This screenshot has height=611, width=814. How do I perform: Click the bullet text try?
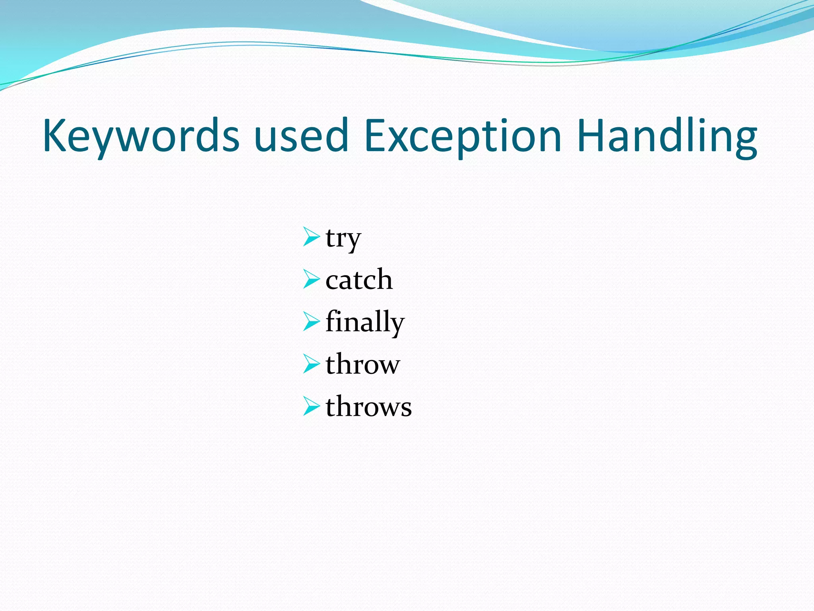tap(343, 239)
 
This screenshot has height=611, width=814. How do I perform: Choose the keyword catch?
tap(359, 280)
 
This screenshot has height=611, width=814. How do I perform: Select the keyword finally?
tap(364, 322)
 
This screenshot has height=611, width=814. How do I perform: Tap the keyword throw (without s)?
tap(362, 364)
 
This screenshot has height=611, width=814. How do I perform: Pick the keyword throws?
tap(368, 407)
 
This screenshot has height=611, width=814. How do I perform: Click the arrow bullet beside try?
tap(311, 237)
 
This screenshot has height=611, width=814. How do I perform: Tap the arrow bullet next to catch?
tap(311, 279)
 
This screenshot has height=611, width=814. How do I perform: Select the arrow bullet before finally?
tap(311, 321)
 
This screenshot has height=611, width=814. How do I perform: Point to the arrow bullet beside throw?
tap(311, 364)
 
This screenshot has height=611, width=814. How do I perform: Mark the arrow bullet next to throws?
tap(311, 406)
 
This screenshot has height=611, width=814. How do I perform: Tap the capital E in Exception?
tap(375, 135)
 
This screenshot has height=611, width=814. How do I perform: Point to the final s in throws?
tap(406, 409)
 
